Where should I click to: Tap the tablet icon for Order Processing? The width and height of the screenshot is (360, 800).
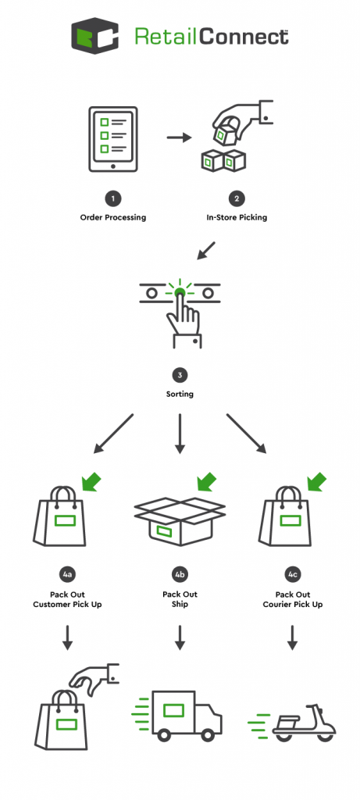[113, 139]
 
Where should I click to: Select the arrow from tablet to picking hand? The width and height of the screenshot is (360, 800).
[180, 138]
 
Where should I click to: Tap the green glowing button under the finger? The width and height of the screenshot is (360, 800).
[180, 293]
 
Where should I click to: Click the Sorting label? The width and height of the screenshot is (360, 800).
[180, 395]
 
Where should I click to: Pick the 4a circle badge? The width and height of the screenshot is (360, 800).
[67, 575]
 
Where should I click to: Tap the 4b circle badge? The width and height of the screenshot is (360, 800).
[180, 575]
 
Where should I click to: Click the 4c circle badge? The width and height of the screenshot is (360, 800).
[293, 575]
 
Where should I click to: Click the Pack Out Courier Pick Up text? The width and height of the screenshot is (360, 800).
[293, 599]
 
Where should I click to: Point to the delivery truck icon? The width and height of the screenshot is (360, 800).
[184, 715]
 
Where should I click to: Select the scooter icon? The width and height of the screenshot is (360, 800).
[303, 721]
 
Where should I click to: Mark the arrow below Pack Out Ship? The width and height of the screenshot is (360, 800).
[180, 637]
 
